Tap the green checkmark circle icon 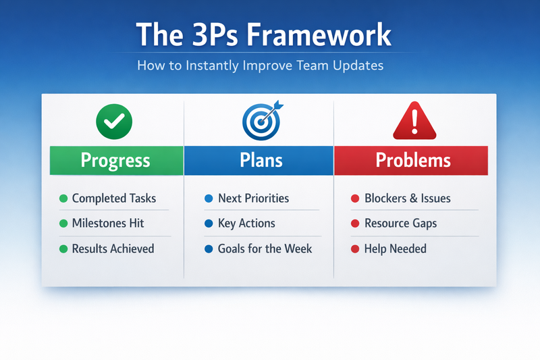coord(115,122)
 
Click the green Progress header coord(115,160)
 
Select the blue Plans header coord(259,160)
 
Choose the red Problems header coord(412,160)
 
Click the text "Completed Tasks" coord(113,199)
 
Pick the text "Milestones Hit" coord(107,224)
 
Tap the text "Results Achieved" coord(113,249)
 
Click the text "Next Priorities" coord(253,199)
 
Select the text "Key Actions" coord(246,224)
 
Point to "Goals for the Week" coord(265,249)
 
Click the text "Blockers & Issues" coord(407,199)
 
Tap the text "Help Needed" coord(395,249)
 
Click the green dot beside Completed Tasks coord(63,199)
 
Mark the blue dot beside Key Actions coord(209,224)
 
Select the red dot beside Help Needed coord(354,249)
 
